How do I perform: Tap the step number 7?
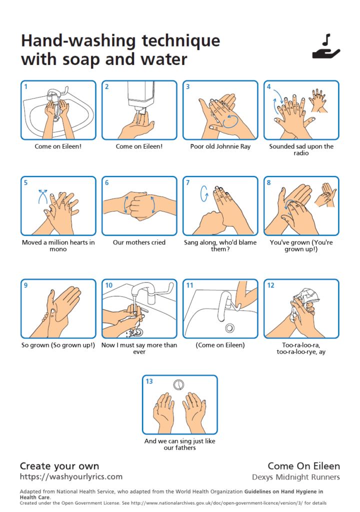(x=187, y=183)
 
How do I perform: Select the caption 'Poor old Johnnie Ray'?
(x=220, y=146)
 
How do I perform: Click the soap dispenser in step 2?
(x=141, y=97)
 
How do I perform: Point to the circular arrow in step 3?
(x=231, y=121)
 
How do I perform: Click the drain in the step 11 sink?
(x=229, y=327)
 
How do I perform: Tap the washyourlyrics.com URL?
(x=71, y=476)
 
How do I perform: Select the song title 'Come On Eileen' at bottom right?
(x=304, y=466)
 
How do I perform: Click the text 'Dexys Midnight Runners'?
(x=296, y=477)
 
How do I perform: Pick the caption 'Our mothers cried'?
(x=139, y=242)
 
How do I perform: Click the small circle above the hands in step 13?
(x=178, y=384)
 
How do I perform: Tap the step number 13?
(x=149, y=381)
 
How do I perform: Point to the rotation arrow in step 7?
(x=204, y=193)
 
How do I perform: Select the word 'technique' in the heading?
(x=181, y=41)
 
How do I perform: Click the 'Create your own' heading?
(x=59, y=466)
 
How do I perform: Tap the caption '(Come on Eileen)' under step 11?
(x=220, y=345)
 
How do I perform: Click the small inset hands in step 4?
(x=318, y=100)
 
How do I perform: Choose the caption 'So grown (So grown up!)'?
(x=58, y=345)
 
